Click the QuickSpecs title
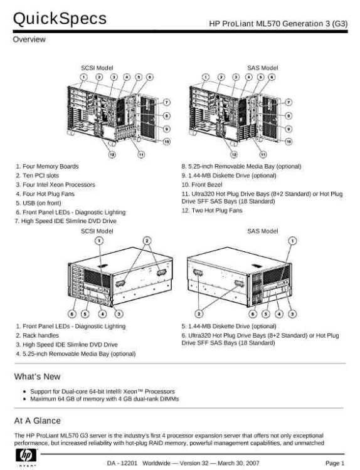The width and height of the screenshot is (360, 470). coord(60,19)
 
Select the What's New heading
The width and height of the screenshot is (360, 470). coord(37,376)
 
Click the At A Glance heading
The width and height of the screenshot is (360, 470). coord(37,420)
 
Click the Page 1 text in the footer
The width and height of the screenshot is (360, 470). coord(334,462)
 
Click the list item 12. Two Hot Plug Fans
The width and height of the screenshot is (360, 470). coord(211,211)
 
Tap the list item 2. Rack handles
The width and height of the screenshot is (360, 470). coord(40,335)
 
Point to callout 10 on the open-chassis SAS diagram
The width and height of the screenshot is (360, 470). coord(288,142)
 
